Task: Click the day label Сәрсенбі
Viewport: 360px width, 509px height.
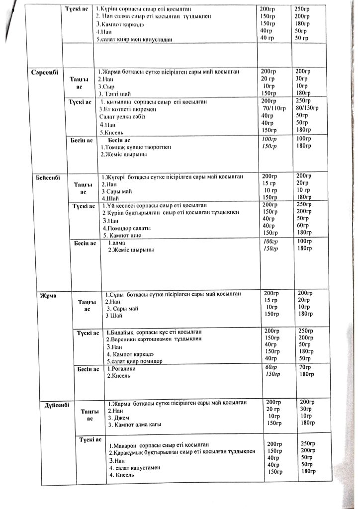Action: [x=45, y=73]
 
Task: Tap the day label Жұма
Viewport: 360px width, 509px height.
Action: [x=48, y=296]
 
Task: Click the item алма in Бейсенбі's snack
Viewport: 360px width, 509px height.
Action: [x=117, y=243]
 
